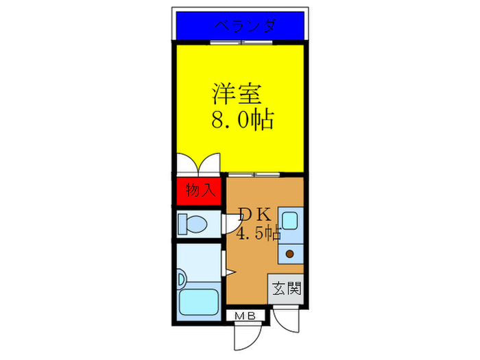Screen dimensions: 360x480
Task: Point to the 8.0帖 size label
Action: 241,121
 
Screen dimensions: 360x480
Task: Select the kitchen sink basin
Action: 289,221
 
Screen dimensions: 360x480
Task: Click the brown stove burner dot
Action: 290,254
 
